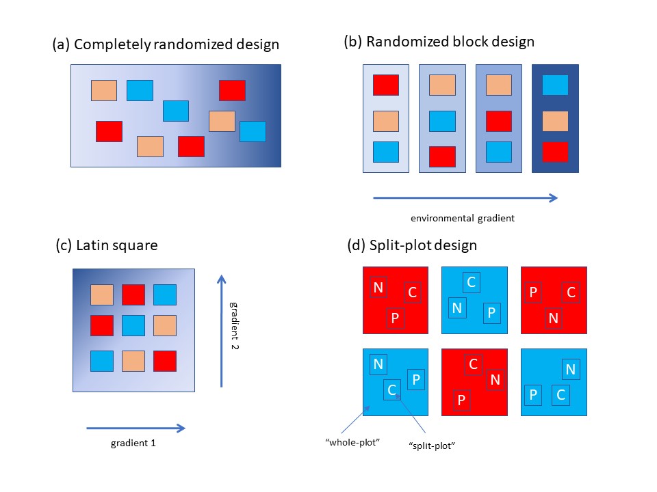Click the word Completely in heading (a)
[112, 44]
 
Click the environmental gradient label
[463, 218]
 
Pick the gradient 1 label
[133, 443]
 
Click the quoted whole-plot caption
[352, 442]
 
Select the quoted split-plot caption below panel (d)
[432, 446]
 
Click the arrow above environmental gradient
[465, 198]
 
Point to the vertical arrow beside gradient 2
[221, 331]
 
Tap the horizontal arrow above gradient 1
[136, 428]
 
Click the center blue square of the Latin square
[133, 325]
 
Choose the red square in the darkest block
[555, 152]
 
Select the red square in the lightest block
[386, 85]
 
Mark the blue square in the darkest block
[555, 85]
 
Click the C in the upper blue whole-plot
[472, 282]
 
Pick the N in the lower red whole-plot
[495, 379]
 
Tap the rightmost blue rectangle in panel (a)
[253, 131]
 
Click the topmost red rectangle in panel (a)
[232, 90]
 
